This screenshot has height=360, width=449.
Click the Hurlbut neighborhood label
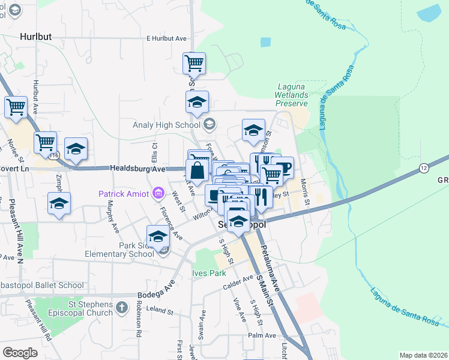coord(35,37)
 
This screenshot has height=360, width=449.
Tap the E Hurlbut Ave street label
coord(166,38)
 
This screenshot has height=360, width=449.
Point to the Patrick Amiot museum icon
coord(158,193)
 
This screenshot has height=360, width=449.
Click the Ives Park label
coord(208,273)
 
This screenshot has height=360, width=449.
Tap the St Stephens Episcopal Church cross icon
coord(122,308)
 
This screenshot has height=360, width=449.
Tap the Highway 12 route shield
coord(424,167)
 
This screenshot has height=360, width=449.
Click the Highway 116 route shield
coord(55,155)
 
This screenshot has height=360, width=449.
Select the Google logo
coord(20,353)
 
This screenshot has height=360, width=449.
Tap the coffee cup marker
coord(282,167)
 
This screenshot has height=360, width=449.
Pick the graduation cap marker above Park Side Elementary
coord(158,235)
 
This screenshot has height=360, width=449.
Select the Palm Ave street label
coord(262,335)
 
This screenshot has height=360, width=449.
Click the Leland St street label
coord(160,313)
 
